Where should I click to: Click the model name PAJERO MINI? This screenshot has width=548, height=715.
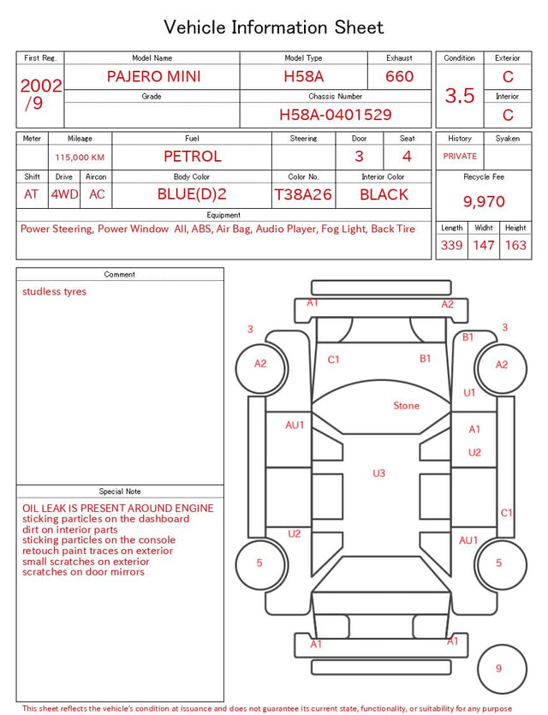tap(153, 76)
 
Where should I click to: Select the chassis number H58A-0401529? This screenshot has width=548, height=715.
tap(335, 115)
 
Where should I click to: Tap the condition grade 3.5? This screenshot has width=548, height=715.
tap(460, 95)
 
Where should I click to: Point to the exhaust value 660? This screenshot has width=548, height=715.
tap(399, 76)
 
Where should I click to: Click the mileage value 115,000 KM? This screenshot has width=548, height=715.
tap(80, 158)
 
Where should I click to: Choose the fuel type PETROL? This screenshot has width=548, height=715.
tap(193, 157)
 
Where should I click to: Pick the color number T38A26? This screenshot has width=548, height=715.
tap(303, 194)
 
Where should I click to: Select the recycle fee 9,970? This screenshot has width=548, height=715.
tap(484, 201)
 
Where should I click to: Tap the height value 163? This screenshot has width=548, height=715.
tap(515, 245)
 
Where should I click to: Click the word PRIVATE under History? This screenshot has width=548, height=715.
tap(460, 156)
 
